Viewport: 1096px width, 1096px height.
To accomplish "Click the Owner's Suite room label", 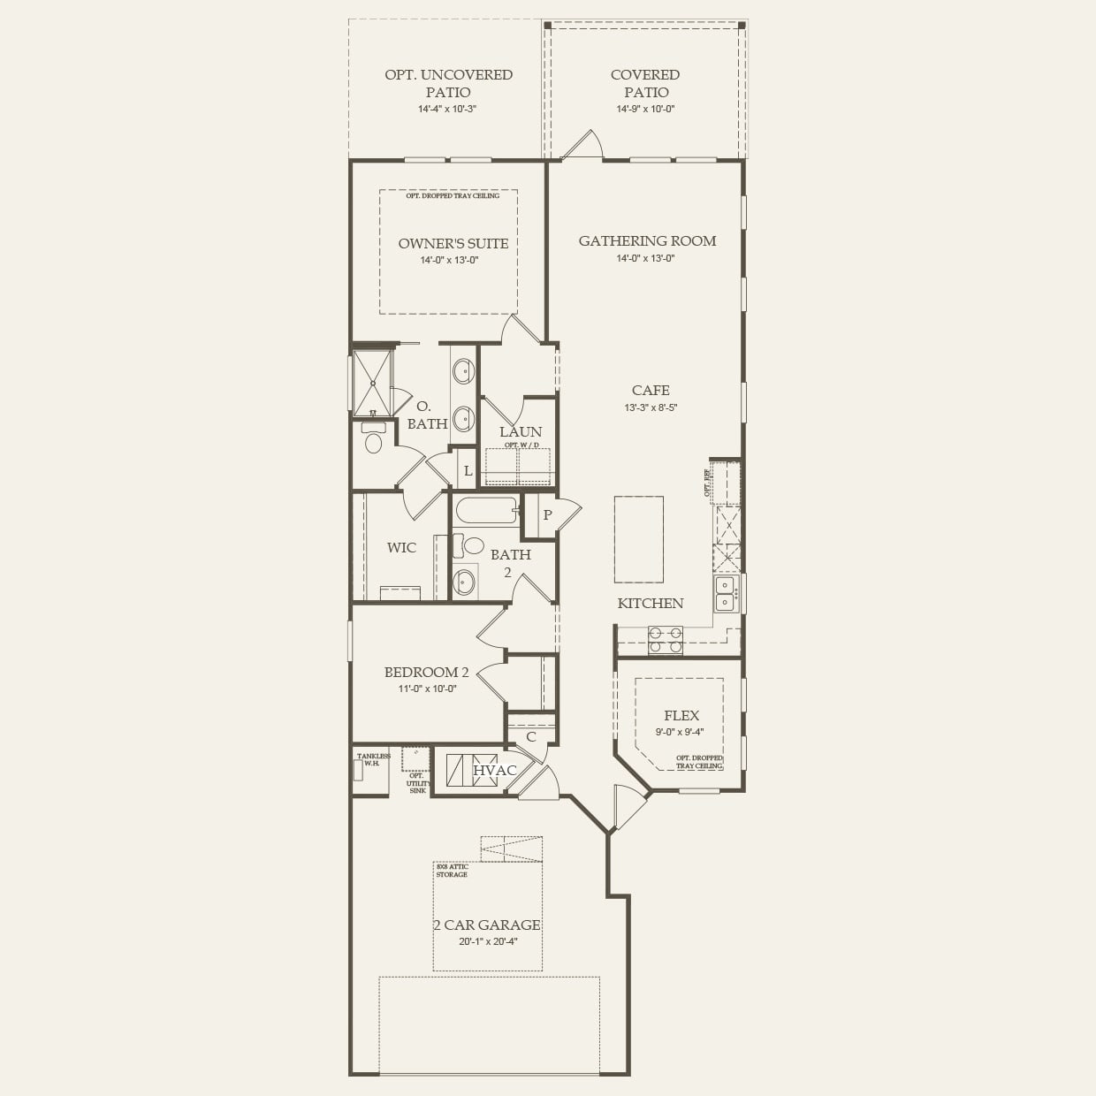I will pos(453,244).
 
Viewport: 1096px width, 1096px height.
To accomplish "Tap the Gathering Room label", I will pos(647,241).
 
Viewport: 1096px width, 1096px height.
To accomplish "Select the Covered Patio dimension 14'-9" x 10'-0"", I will pos(645,110).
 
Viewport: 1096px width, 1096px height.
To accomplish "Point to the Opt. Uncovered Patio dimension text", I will pos(448,110).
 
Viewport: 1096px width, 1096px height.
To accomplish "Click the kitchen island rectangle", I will pos(638,539).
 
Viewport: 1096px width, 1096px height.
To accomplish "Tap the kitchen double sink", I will pos(727,593).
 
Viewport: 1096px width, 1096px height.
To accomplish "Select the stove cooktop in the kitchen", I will pos(665,640).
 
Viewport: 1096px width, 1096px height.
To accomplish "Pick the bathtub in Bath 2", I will pos(484,511).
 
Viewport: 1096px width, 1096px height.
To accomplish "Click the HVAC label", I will pos(495,771).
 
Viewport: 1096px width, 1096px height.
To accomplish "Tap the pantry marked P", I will pos(547,515).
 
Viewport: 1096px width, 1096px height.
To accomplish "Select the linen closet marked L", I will pos(468,471).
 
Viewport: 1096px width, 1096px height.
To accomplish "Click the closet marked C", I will pos(531,736).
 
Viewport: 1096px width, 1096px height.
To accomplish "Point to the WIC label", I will pos(401,548).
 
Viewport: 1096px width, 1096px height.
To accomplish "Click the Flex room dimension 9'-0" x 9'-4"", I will pos(681,732).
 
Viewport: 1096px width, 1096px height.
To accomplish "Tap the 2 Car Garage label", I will pos(486,925).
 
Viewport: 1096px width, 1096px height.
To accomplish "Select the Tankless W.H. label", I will pos(372,760).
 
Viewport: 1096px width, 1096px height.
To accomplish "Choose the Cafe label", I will pos(651,391).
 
